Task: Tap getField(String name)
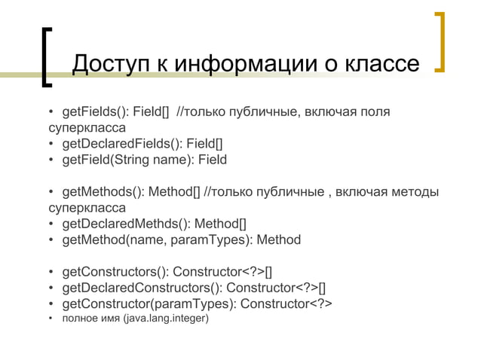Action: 121,160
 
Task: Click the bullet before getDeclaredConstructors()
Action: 51,288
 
